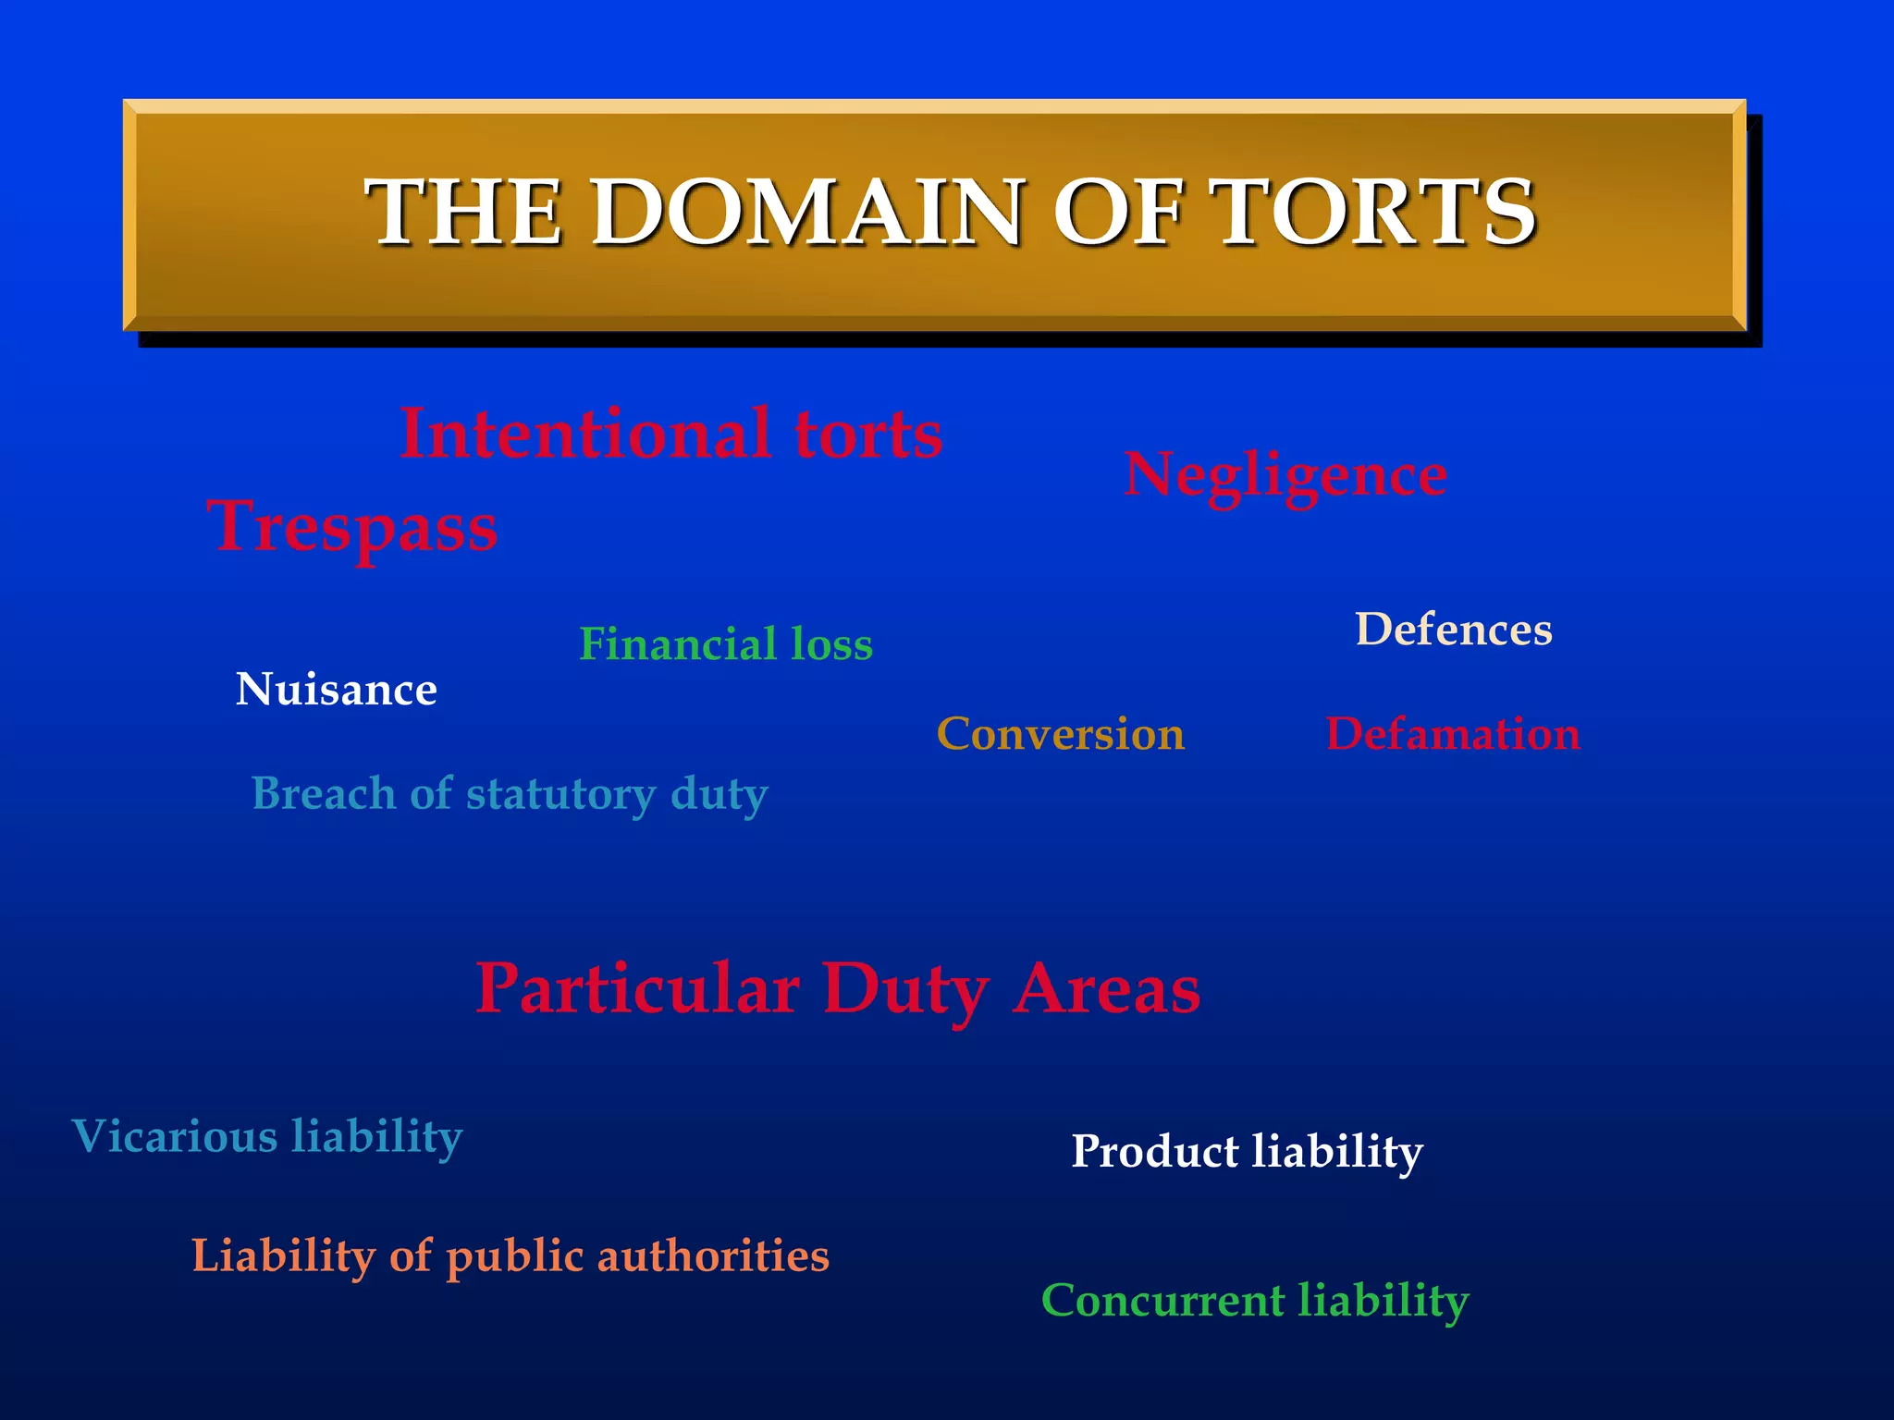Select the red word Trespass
(x=352, y=526)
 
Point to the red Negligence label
(x=1285, y=475)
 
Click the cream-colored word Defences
(x=1453, y=630)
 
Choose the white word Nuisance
(x=336, y=690)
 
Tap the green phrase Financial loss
(x=725, y=644)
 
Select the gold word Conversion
(x=1060, y=734)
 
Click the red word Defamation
(x=1453, y=734)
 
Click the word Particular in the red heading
(x=637, y=988)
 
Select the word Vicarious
(x=174, y=1136)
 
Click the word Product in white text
(x=1154, y=1152)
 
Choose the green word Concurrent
(x=1162, y=1300)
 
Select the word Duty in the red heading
(x=905, y=989)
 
